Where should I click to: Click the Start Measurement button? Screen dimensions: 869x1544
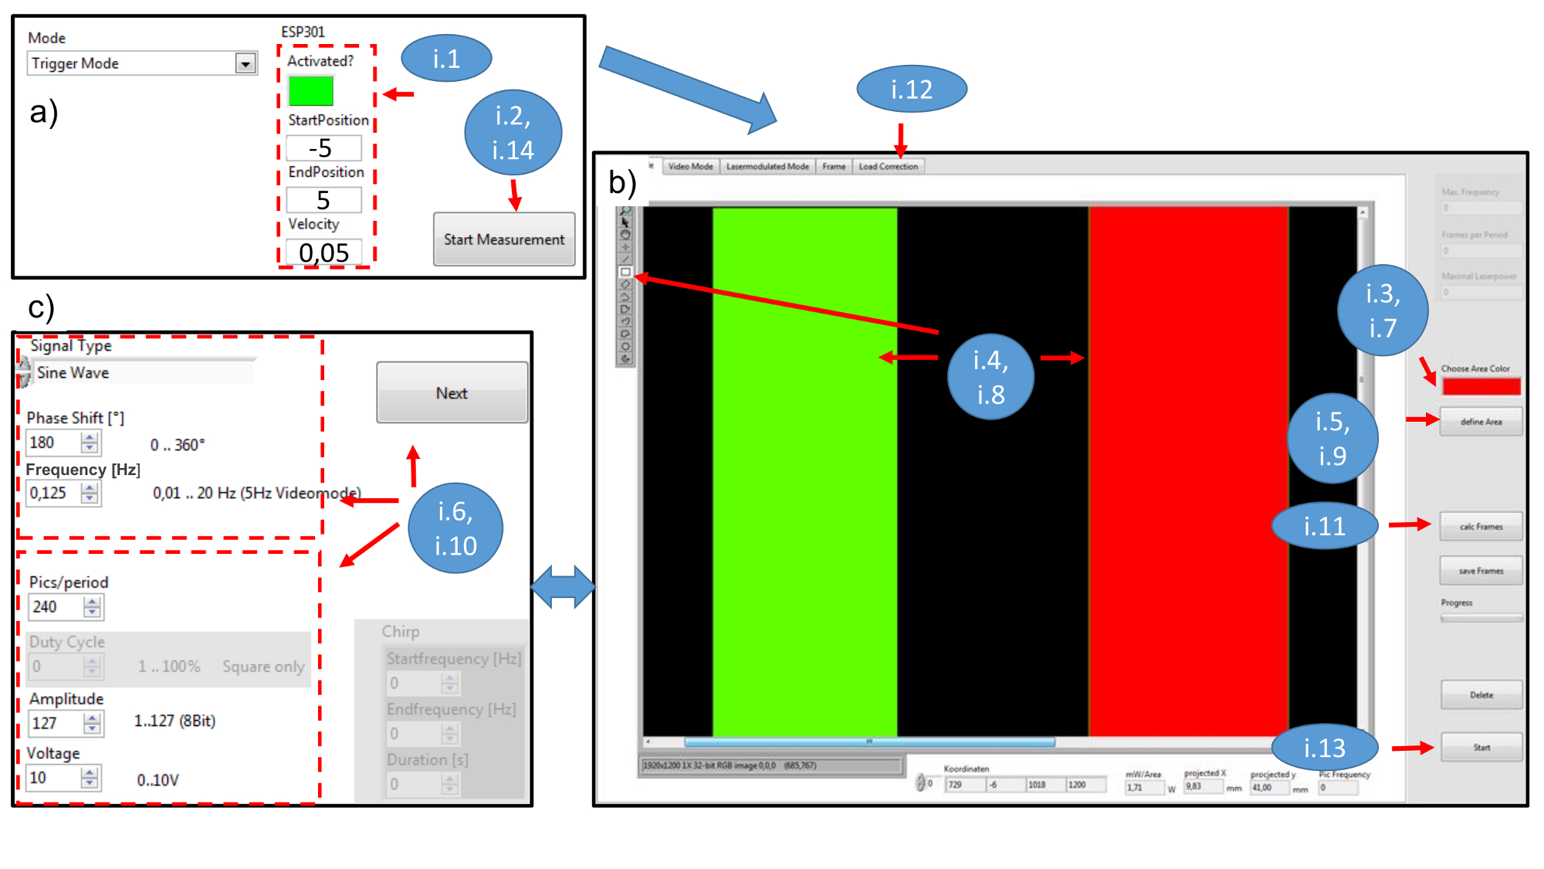503,239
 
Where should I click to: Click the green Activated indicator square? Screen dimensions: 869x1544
310,91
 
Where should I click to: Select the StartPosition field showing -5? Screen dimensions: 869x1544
323,148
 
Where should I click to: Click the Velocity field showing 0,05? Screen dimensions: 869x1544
323,253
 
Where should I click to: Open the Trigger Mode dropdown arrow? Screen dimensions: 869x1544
245,63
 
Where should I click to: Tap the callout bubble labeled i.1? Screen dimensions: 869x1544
446,58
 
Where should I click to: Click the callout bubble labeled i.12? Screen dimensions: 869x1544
911,89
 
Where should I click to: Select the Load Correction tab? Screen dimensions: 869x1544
888,166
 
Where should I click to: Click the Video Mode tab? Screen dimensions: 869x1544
690,166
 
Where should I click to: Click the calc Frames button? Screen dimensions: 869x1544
1481,527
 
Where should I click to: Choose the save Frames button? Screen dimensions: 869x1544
1481,571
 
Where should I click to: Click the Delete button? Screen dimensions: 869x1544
1481,695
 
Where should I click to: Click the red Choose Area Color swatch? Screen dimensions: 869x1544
1481,386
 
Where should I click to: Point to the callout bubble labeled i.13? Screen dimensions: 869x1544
1324,748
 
